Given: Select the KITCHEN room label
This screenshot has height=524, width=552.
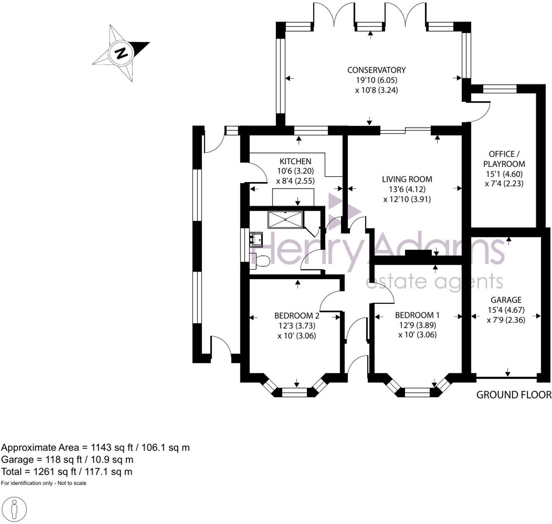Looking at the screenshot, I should (x=295, y=161).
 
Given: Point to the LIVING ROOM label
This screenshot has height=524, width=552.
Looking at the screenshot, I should (x=407, y=179).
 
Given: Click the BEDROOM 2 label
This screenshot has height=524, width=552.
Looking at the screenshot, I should (x=297, y=315).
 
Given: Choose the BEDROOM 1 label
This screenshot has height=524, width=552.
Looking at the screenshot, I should (x=417, y=315).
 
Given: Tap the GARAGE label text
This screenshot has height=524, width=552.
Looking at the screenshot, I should (x=506, y=300).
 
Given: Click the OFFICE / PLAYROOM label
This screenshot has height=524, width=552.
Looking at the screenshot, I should (x=504, y=159).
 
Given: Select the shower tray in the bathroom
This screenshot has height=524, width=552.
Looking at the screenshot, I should (x=285, y=219).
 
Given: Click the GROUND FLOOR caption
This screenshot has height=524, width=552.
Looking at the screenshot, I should (x=513, y=395).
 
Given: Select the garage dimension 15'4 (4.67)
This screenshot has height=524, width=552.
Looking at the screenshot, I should (x=506, y=310).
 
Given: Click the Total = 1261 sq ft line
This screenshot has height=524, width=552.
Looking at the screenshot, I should (x=67, y=472).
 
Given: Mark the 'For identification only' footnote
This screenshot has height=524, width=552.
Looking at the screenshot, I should (x=44, y=483).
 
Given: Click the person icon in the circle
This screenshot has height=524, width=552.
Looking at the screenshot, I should (x=14, y=508).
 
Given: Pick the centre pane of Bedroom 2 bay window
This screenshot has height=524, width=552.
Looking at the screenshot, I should (x=294, y=393).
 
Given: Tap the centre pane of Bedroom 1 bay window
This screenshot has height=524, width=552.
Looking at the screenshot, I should (x=417, y=393).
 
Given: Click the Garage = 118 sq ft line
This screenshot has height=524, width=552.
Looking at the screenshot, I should (x=67, y=460).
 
